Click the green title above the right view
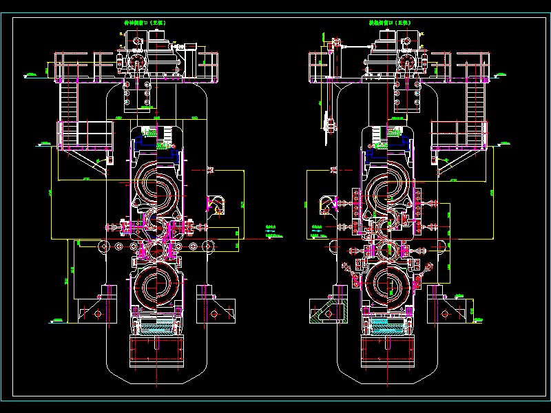pos(390,23)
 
